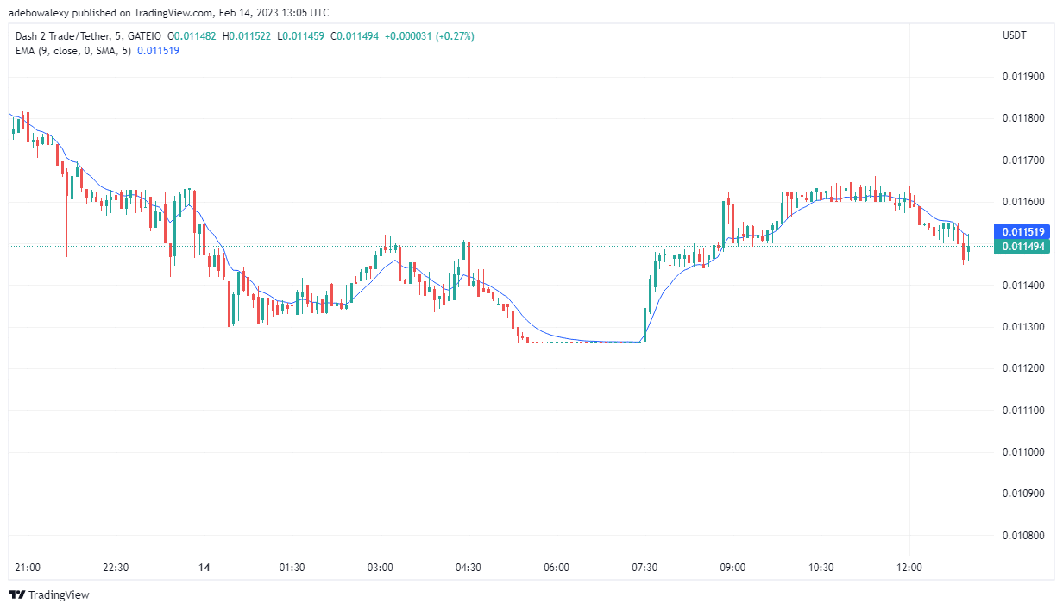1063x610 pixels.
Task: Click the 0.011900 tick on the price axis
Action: click(x=1023, y=77)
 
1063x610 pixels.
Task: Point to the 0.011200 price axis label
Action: click(x=1023, y=368)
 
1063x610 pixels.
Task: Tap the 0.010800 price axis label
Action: click(x=1023, y=535)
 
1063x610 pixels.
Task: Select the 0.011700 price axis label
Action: click(x=1023, y=160)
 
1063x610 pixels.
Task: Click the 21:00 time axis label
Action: click(x=28, y=568)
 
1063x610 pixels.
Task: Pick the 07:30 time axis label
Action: click(x=645, y=568)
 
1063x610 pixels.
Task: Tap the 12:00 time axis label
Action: click(x=909, y=568)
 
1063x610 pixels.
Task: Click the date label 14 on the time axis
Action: click(x=204, y=568)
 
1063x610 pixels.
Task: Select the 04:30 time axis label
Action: click(x=469, y=568)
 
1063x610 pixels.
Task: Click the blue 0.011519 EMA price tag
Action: click(x=1024, y=232)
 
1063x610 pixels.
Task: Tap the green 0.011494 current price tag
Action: click(x=1024, y=247)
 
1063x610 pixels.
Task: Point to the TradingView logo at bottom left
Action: click(x=49, y=594)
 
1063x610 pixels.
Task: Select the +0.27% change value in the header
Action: click(x=456, y=35)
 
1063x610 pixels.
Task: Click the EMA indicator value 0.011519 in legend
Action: click(x=158, y=50)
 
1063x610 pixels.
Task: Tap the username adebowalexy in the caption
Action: click(x=41, y=12)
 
